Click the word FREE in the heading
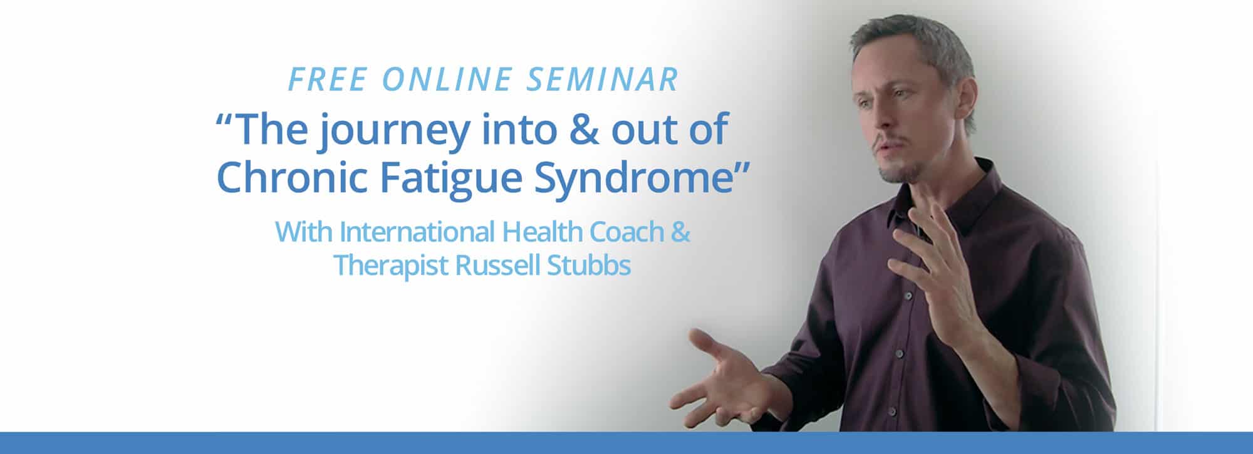coord(327,80)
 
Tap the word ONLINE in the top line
coord(446,80)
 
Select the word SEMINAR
coord(603,80)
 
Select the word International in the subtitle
coord(416,232)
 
